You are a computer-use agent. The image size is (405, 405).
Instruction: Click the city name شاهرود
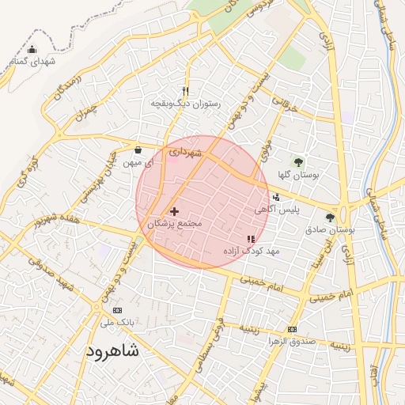(112, 350)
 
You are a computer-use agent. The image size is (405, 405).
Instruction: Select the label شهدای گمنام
(33, 62)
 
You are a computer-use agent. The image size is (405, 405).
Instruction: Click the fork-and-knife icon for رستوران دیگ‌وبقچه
(186, 91)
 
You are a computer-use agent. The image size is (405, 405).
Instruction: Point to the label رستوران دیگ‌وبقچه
(187, 104)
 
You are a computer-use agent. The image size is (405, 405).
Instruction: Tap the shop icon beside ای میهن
(138, 150)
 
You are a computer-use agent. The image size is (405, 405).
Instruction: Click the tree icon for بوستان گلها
(298, 162)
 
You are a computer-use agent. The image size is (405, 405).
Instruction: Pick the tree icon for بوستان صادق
(330, 217)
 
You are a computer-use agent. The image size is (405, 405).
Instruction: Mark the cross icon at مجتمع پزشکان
(175, 211)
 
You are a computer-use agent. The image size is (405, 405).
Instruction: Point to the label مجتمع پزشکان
(175, 224)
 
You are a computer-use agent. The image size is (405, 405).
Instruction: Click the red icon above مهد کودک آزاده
(251, 238)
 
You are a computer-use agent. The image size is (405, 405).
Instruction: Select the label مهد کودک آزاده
(252, 251)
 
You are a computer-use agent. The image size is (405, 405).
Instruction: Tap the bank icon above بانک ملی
(118, 310)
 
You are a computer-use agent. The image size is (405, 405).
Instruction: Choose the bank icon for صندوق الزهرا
(292, 329)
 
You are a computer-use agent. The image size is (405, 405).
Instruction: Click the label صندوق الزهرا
(292, 342)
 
